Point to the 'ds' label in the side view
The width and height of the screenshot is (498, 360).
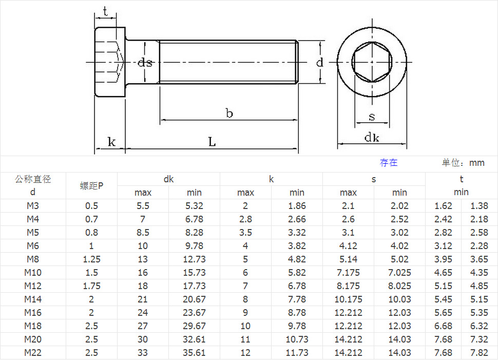(145, 63)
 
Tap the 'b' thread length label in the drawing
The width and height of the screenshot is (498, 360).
(229, 113)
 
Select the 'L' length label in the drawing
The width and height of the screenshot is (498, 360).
(212, 142)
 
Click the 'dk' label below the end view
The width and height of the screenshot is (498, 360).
(372, 137)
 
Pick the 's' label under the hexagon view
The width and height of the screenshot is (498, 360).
(372, 117)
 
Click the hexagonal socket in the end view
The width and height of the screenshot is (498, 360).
(372, 63)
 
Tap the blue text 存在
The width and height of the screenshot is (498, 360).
(389, 163)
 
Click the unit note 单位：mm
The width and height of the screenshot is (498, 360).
(463, 163)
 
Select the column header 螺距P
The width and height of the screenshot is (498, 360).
(91, 186)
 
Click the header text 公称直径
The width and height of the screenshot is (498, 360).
(33, 179)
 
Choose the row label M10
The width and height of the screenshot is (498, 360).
(33, 273)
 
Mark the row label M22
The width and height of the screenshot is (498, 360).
(33, 353)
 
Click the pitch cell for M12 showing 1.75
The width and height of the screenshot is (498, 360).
(91, 286)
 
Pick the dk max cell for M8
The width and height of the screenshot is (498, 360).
(143, 259)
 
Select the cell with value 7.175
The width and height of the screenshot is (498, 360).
(348, 273)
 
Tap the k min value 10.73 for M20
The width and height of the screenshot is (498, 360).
(297, 339)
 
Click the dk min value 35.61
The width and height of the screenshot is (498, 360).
(194, 353)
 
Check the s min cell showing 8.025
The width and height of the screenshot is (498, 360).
(399, 286)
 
